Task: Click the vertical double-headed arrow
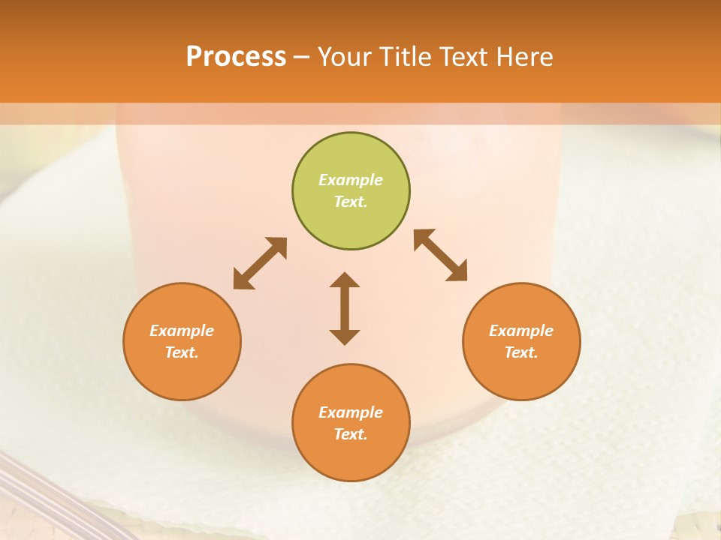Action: pos(345,308)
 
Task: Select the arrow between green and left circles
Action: pos(260,263)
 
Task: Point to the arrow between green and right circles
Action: pos(441,255)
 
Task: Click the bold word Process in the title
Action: pos(236,56)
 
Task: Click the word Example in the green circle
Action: pos(351,180)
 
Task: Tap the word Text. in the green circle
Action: pos(351,202)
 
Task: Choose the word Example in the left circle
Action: pos(182,331)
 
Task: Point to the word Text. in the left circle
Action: pos(182,352)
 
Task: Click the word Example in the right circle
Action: pos(521,331)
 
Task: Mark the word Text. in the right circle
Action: pos(521,352)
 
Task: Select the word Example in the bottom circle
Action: pos(351,412)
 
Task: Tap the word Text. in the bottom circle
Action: pos(351,434)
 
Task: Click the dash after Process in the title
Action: pos(302,57)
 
